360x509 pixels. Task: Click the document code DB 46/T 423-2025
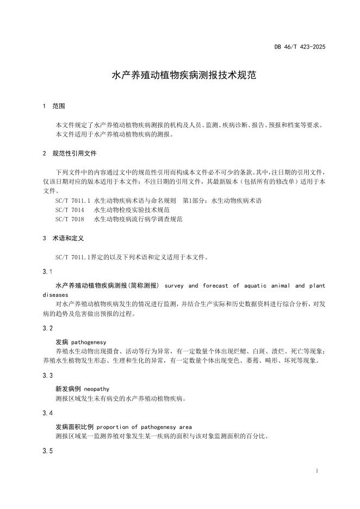coord(300,47)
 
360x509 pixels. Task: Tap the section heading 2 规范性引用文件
coord(69,153)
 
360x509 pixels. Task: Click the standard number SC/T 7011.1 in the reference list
coord(73,201)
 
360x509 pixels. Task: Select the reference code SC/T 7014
coord(70,210)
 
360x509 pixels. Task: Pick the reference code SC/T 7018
coord(70,219)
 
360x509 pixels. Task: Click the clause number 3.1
coord(47,271)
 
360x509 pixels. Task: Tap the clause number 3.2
coord(47,328)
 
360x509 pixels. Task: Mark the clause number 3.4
coord(47,413)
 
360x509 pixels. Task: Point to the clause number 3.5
coord(47,451)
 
